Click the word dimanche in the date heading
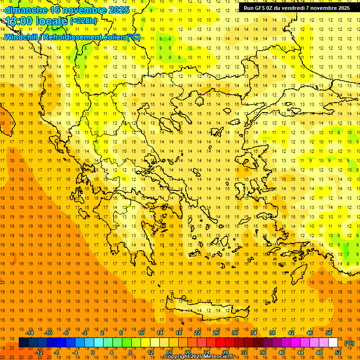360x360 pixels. click(26, 10)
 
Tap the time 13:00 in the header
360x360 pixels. click(21, 21)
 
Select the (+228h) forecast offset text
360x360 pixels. click(84, 21)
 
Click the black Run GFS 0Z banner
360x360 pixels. click(297, 8)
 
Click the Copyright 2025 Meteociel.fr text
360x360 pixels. click(202, 357)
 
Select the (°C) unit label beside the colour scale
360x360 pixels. click(349, 344)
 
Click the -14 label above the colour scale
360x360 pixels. click(30, 333)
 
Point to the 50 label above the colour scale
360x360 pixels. click(329, 333)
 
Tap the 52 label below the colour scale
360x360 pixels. click(338, 352)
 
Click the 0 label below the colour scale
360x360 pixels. click(92, 352)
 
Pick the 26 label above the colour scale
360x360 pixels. click(216, 333)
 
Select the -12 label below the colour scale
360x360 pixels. click(39, 352)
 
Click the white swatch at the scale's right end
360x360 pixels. click(333, 342)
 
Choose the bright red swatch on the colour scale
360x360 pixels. click(221, 342)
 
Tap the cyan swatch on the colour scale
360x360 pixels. click(90, 342)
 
